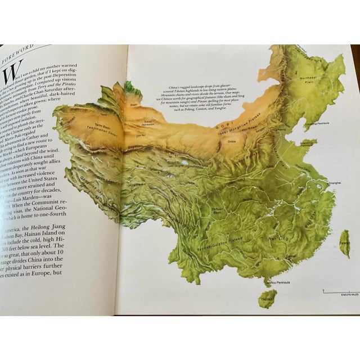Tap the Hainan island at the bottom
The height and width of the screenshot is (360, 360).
click(x=267, y=298)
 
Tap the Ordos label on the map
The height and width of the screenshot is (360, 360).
click(x=231, y=141)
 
